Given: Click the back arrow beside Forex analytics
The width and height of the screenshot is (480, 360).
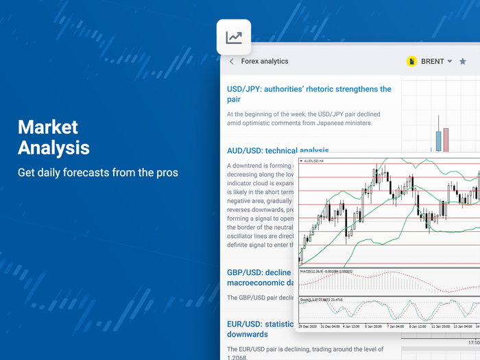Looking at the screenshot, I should pyautogui.click(x=232, y=62).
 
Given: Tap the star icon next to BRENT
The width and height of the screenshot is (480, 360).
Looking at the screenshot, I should pyautogui.click(x=463, y=62).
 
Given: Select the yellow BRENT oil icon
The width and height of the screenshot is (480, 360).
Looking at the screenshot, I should pyautogui.click(x=411, y=62).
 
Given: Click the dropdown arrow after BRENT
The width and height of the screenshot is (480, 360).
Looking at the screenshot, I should pyautogui.click(x=450, y=62).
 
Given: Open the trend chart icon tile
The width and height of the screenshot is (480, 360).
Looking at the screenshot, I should pyautogui.click(x=234, y=37).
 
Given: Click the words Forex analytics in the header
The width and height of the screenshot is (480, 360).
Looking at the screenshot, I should pyautogui.click(x=265, y=62).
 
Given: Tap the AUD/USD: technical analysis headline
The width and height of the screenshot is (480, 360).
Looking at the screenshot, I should pyautogui.click(x=278, y=150).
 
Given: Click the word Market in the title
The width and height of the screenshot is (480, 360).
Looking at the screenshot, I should pyautogui.click(x=48, y=127).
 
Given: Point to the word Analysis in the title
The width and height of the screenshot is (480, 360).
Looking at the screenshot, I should pyautogui.click(x=53, y=147).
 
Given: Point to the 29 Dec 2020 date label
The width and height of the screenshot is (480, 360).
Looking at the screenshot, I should pyautogui.click(x=310, y=326).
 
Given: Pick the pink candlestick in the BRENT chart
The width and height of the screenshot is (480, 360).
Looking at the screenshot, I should pyautogui.click(x=446, y=139).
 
